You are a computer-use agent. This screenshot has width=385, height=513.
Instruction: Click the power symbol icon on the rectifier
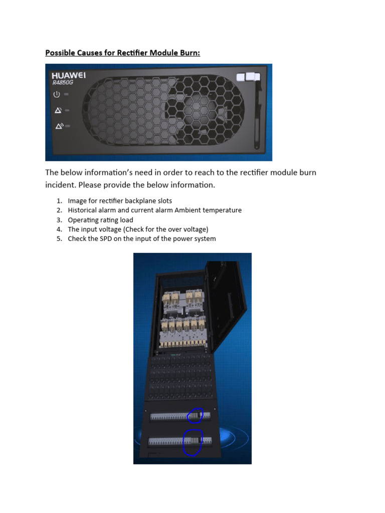point(57,94)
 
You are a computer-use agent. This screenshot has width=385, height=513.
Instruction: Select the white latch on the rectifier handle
point(246,77)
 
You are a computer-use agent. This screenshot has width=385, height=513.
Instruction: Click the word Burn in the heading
point(188,53)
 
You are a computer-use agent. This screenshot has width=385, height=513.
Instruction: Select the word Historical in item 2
point(83,210)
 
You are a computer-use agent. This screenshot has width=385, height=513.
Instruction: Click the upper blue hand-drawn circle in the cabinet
point(195,415)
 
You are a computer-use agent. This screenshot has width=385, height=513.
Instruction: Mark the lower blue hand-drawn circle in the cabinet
point(192,442)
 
